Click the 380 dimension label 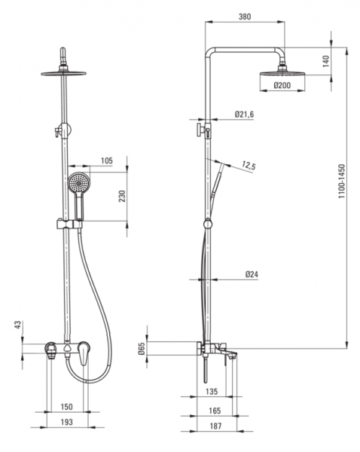click(245, 17)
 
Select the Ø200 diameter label click(282, 85)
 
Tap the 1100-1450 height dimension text click(342, 181)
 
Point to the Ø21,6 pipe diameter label click(244, 115)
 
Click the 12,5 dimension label click(249, 166)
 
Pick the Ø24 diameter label click(252, 274)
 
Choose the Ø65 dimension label click(141, 348)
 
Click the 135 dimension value click(212, 392)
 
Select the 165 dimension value click(215, 411)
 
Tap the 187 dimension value click(215, 426)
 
